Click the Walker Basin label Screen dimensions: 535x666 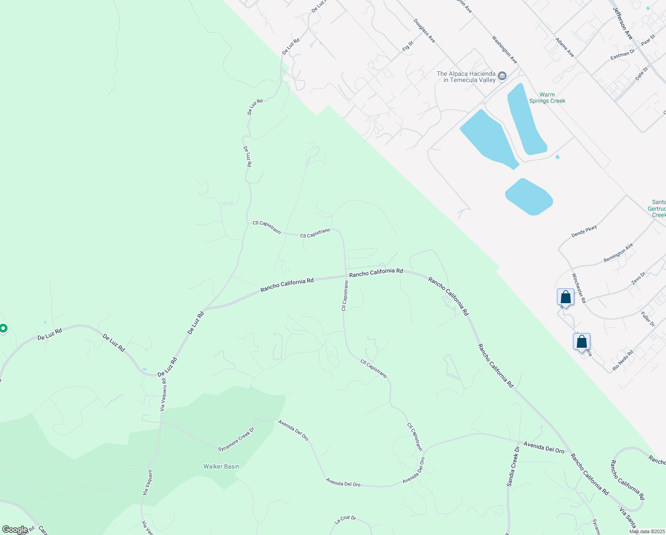tap(221, 466)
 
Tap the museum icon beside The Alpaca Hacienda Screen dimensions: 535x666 tap(502, 76)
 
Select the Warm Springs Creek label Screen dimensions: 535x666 tap(547, 98)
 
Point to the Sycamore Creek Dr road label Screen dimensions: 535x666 tap(236, 439)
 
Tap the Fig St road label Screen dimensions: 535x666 tap(408, 46)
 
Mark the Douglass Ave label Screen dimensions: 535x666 tap(424, 31)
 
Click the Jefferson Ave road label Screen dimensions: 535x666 tap(623, 23)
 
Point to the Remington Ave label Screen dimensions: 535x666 tap(618, 253)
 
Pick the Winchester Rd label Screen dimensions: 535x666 tap(579, 288)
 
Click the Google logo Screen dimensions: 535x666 tap(15, 530)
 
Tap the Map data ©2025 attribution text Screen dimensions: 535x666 tap(647, 531)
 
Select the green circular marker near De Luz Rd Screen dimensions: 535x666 tap(3, 329)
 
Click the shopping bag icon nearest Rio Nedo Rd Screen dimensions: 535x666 tap(581, 342)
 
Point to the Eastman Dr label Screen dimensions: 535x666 tap(622, 55)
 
